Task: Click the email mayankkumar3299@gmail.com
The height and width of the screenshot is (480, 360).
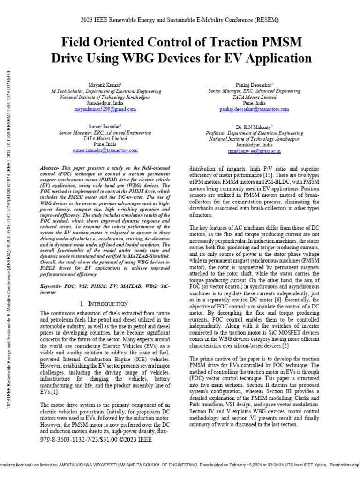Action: point(105,109)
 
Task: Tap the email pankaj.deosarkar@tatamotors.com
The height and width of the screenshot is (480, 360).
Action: point(255,109)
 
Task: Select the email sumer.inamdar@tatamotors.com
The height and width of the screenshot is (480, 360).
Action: point(105,150)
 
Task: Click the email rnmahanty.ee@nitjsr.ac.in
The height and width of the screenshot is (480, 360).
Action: point(255,151)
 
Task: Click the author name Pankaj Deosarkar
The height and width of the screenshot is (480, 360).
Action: point(255,84)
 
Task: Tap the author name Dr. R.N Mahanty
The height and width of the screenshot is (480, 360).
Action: point(255,127)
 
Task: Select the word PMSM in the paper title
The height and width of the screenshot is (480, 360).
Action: point(279,43)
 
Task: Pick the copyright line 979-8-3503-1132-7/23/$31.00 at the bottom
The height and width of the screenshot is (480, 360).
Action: point(96,440)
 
